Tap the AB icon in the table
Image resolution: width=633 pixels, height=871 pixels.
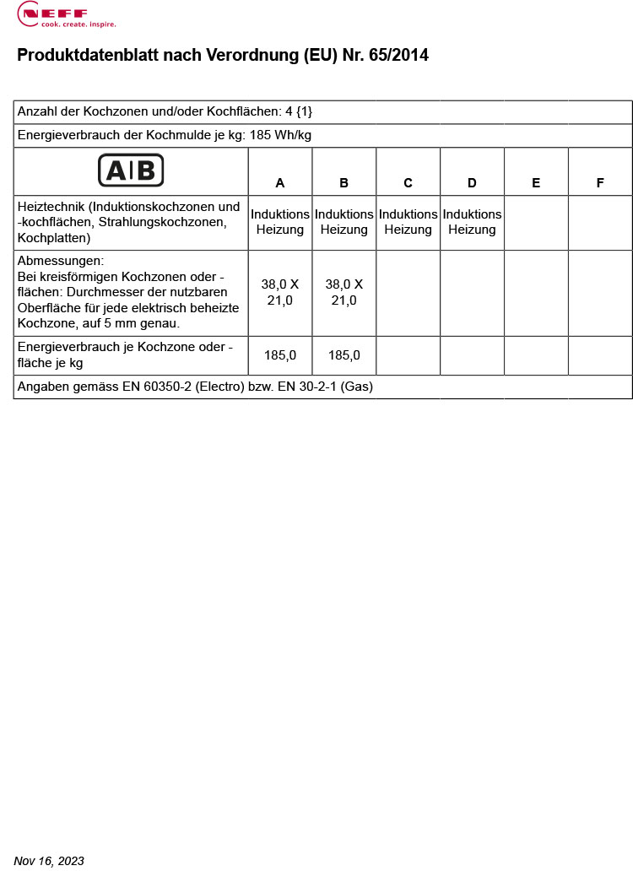click(131, 170)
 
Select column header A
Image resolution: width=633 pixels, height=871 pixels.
click(280, 183)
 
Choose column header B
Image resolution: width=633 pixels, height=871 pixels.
click(344, 183)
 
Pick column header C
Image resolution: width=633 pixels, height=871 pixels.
click(408, 183)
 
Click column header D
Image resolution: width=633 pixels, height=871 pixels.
click(472, 183)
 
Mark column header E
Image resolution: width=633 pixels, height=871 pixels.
click(536, 183)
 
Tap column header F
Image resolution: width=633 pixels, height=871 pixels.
click(600, 183)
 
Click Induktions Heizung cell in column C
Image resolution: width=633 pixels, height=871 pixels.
click(408, 222)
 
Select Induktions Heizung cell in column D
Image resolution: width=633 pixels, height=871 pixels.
click(472, 222)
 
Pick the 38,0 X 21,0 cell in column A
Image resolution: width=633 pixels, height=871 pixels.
click(280, 292)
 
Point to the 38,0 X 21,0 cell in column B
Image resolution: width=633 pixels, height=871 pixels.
click(344, 292)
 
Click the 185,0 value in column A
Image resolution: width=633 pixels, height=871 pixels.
click(280, 355)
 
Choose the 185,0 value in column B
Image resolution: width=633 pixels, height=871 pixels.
click(344, 355)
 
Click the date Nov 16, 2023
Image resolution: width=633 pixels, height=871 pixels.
click(49, 861)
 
